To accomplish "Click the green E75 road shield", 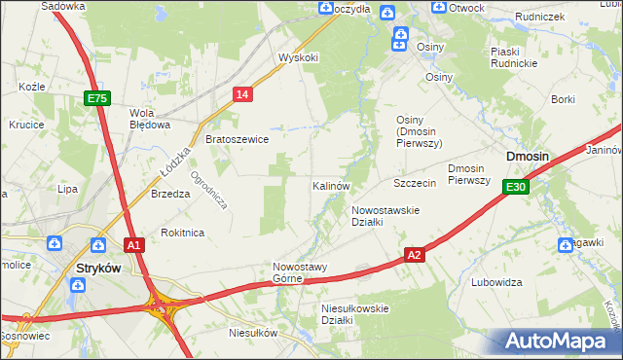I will click(x=97, y=98).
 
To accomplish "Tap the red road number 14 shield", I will click(x=243, y=93).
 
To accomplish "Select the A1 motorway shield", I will click(x=134, y=245).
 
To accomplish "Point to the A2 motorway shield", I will click(x=415, y=255).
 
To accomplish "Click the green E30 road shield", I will click(x=516, y=187).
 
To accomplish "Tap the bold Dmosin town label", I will click(x=527, y=157).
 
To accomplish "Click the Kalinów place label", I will click(x=331, y=185).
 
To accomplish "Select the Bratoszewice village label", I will click(x=237, y=139).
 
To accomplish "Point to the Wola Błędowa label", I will click(x=151, y=118).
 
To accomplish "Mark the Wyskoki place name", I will click(x=298, y=57).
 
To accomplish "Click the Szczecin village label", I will click(x=414, y=183).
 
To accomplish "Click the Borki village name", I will click(x=563, y=99).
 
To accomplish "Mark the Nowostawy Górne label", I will click(x=301, y=272).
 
